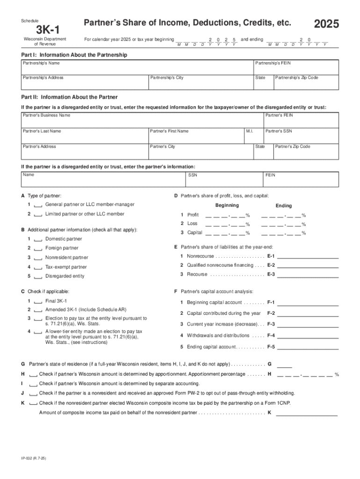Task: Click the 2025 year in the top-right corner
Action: tap(326, 25)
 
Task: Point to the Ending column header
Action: tap(283, 206)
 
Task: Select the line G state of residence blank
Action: tap(285, 364)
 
